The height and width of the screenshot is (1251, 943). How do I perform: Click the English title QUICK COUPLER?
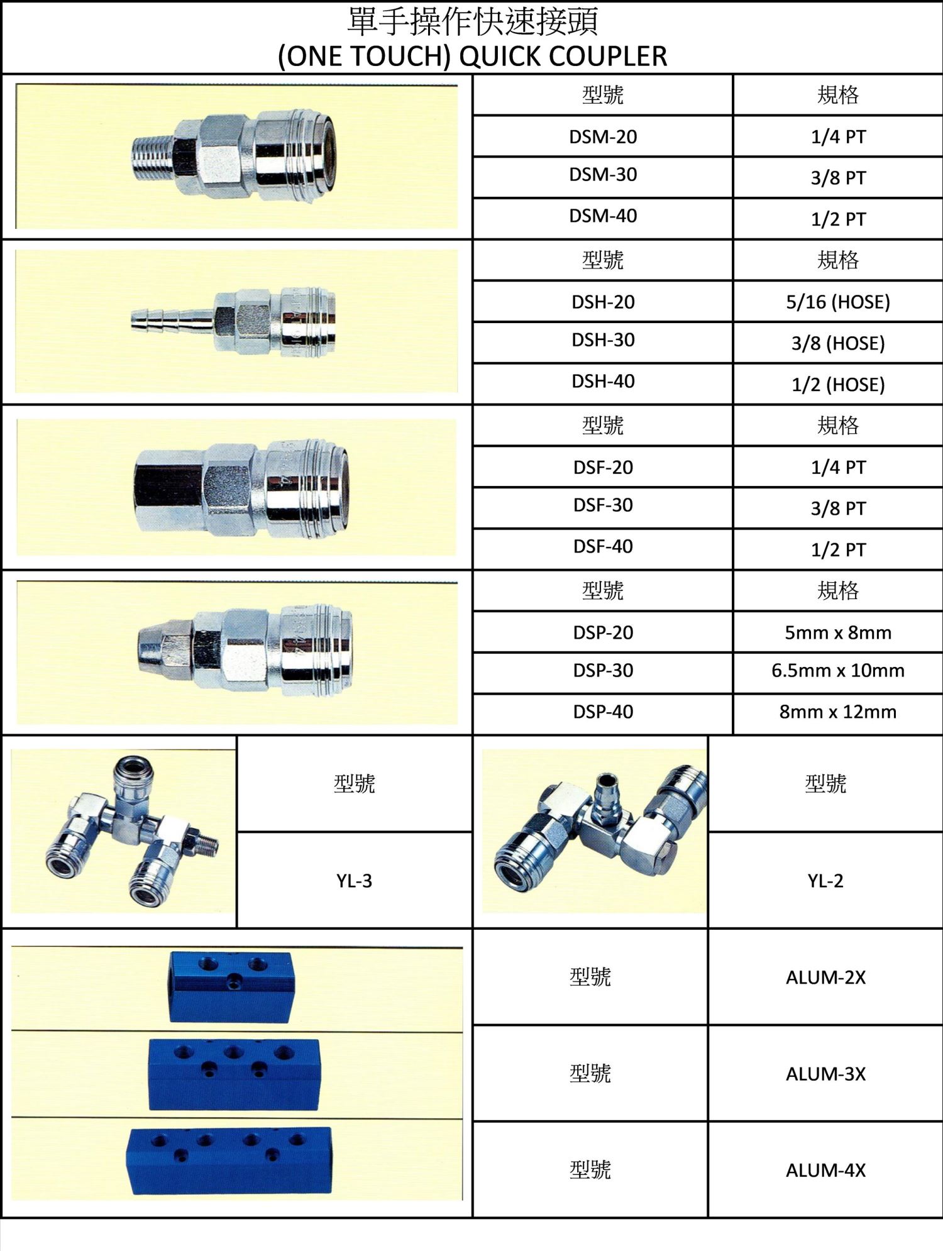[x=563, y=56]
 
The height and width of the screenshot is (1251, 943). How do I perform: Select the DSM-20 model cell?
[x=603, y=136]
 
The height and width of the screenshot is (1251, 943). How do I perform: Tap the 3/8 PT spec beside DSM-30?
[x=838, y=177]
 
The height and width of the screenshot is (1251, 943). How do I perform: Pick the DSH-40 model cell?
[x=603, y=381]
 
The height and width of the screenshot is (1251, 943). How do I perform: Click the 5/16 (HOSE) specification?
[x=838, y=302]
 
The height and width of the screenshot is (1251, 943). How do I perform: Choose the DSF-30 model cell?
[x=603, y=505]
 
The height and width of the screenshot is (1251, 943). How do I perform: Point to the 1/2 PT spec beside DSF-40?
[x=838, y=549]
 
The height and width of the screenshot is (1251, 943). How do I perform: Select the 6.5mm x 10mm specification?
[x=838, y=670]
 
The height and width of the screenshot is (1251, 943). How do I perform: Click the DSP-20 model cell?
[x=603, y=632]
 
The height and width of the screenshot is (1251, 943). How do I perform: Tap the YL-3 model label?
[x=354, y=881]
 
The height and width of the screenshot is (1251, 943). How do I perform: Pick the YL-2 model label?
[x=825, y=881]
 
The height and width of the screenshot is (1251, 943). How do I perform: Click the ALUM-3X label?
[x=825, y=1074]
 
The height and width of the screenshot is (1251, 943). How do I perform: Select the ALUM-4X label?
[x=825, y=1170]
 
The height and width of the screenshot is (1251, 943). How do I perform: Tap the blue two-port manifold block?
[x=231, y=986]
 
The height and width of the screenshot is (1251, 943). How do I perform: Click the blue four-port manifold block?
[x=231, y=1161]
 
